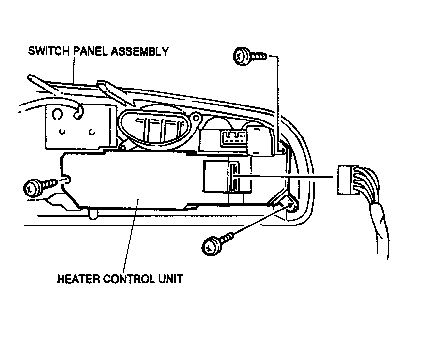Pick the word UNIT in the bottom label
[171, 279]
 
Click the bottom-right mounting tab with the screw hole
[289, 203]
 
